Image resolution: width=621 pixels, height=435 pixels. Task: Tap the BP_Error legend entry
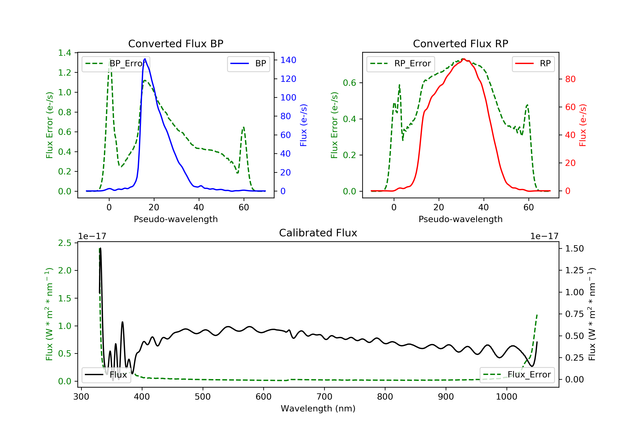(116, 64)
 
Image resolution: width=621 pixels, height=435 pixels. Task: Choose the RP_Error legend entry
(401, 64)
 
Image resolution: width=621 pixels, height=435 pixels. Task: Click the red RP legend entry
(533, 64)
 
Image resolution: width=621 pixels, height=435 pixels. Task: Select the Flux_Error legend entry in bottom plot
(517, 375)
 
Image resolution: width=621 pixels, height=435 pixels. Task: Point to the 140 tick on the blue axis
(288, 60)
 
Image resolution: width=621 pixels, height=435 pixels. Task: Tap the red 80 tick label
(570, 79)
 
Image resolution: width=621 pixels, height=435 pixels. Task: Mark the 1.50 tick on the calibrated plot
(574, 249)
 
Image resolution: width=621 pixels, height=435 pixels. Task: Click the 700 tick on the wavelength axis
(324, 397)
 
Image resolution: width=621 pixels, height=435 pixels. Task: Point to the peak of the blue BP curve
(145, 59)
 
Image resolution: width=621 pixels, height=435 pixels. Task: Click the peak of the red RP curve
(463, 59)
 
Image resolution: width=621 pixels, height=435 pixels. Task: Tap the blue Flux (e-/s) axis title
(303, 125)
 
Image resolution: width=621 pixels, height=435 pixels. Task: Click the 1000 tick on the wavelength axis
(506, 397)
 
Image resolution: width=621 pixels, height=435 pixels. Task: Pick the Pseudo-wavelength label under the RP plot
(460, 219)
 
